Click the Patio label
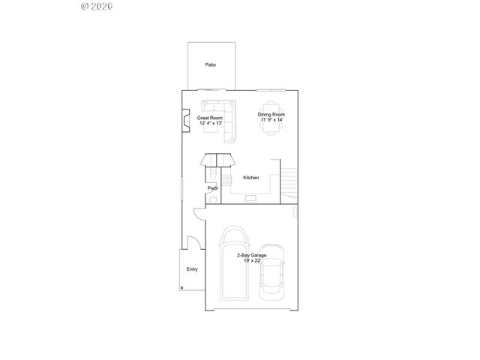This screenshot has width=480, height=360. point(211,64)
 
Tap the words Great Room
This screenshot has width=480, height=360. point(211,118)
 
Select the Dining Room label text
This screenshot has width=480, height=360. point(273,115)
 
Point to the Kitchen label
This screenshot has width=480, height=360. point(251,178)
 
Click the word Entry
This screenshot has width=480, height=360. point(192,269)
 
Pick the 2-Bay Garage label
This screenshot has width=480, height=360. point(251,256)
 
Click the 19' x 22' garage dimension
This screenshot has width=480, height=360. point(251,261)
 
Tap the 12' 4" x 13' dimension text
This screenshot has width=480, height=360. point(211,123)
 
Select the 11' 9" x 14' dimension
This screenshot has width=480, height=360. point(273,120)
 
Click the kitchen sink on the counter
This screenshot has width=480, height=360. point(250,197)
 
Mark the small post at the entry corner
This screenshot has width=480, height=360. point(182,287)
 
